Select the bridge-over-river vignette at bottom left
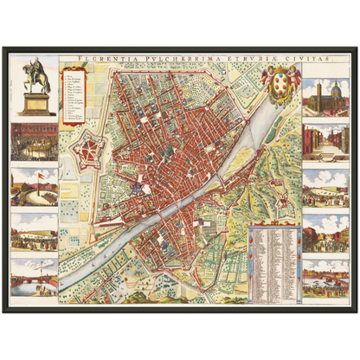pos(35,276)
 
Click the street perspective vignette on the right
pos(325,143)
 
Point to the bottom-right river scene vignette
pos(325,279)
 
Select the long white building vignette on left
pos(35,232)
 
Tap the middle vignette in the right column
pos(325,188)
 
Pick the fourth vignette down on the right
pos(325,232)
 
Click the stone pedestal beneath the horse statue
pos(35,104)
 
